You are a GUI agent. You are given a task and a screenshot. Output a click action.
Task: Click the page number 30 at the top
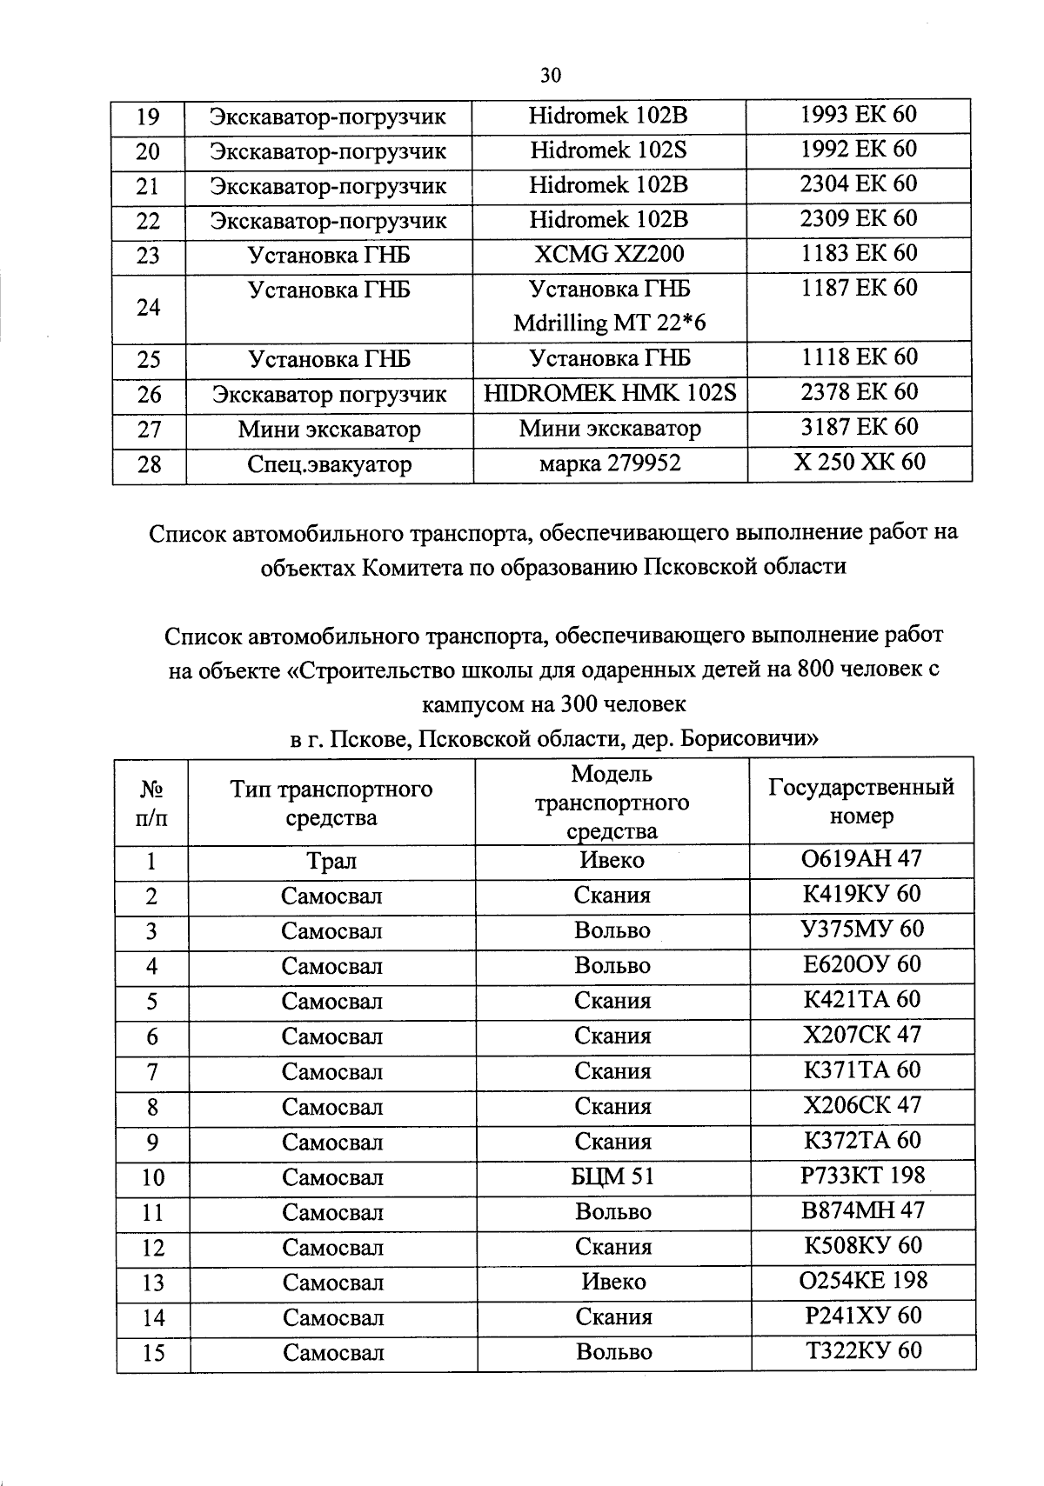pyautogui.click(x=551, y=75)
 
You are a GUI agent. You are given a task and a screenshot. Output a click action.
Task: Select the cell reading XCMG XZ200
pyautogui.click(x=608, y=254)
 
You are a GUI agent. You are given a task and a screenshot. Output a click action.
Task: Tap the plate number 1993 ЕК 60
pyautogui.click(x=858, y=115)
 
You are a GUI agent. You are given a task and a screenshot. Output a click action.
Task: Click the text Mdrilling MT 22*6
pyautogui.click(x=609, y=323)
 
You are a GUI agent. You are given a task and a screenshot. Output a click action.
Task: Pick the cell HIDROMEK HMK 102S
pyautogui.click(x=610, y=393)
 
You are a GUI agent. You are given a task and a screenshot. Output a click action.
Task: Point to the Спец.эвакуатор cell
pyautogui.click(x=329, y=464)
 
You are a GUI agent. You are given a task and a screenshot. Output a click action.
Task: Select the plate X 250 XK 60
pyautogui.click(x=859, y=462)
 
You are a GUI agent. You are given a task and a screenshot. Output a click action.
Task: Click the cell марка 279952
pyautogui.click(x=609, y=463)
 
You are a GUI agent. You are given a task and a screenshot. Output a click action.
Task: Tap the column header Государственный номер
pyautogui.click(x=861, y=801)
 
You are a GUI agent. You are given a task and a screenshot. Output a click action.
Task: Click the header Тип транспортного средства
pyautogui.click(x=331, y=803)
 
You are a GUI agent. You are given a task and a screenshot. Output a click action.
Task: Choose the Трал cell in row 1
pyautogui.click(x=331, y=862)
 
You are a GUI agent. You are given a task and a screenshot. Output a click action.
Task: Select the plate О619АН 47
pyautogui.click(x=860, y=859)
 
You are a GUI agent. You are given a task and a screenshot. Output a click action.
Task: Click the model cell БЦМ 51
pyautogui.click(x=613, y=1177)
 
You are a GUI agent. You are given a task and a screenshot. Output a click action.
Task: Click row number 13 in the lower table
pyautogui.click(x=153, y=1283)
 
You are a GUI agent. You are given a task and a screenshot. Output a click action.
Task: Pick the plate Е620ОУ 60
pyautogui.click(x=860, y=964)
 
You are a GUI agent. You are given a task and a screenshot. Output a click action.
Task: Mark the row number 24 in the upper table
pyautogui.click(x=149, y=308)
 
